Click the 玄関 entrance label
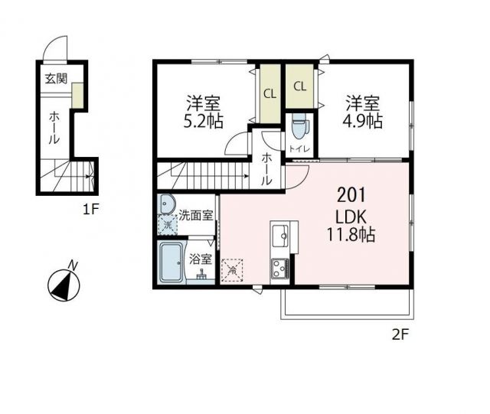pos(55,78)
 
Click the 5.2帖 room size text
pos(202,121)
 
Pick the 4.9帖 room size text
pos(362,121)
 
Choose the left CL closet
pos(269,94)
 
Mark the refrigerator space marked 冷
pos(232,270)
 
